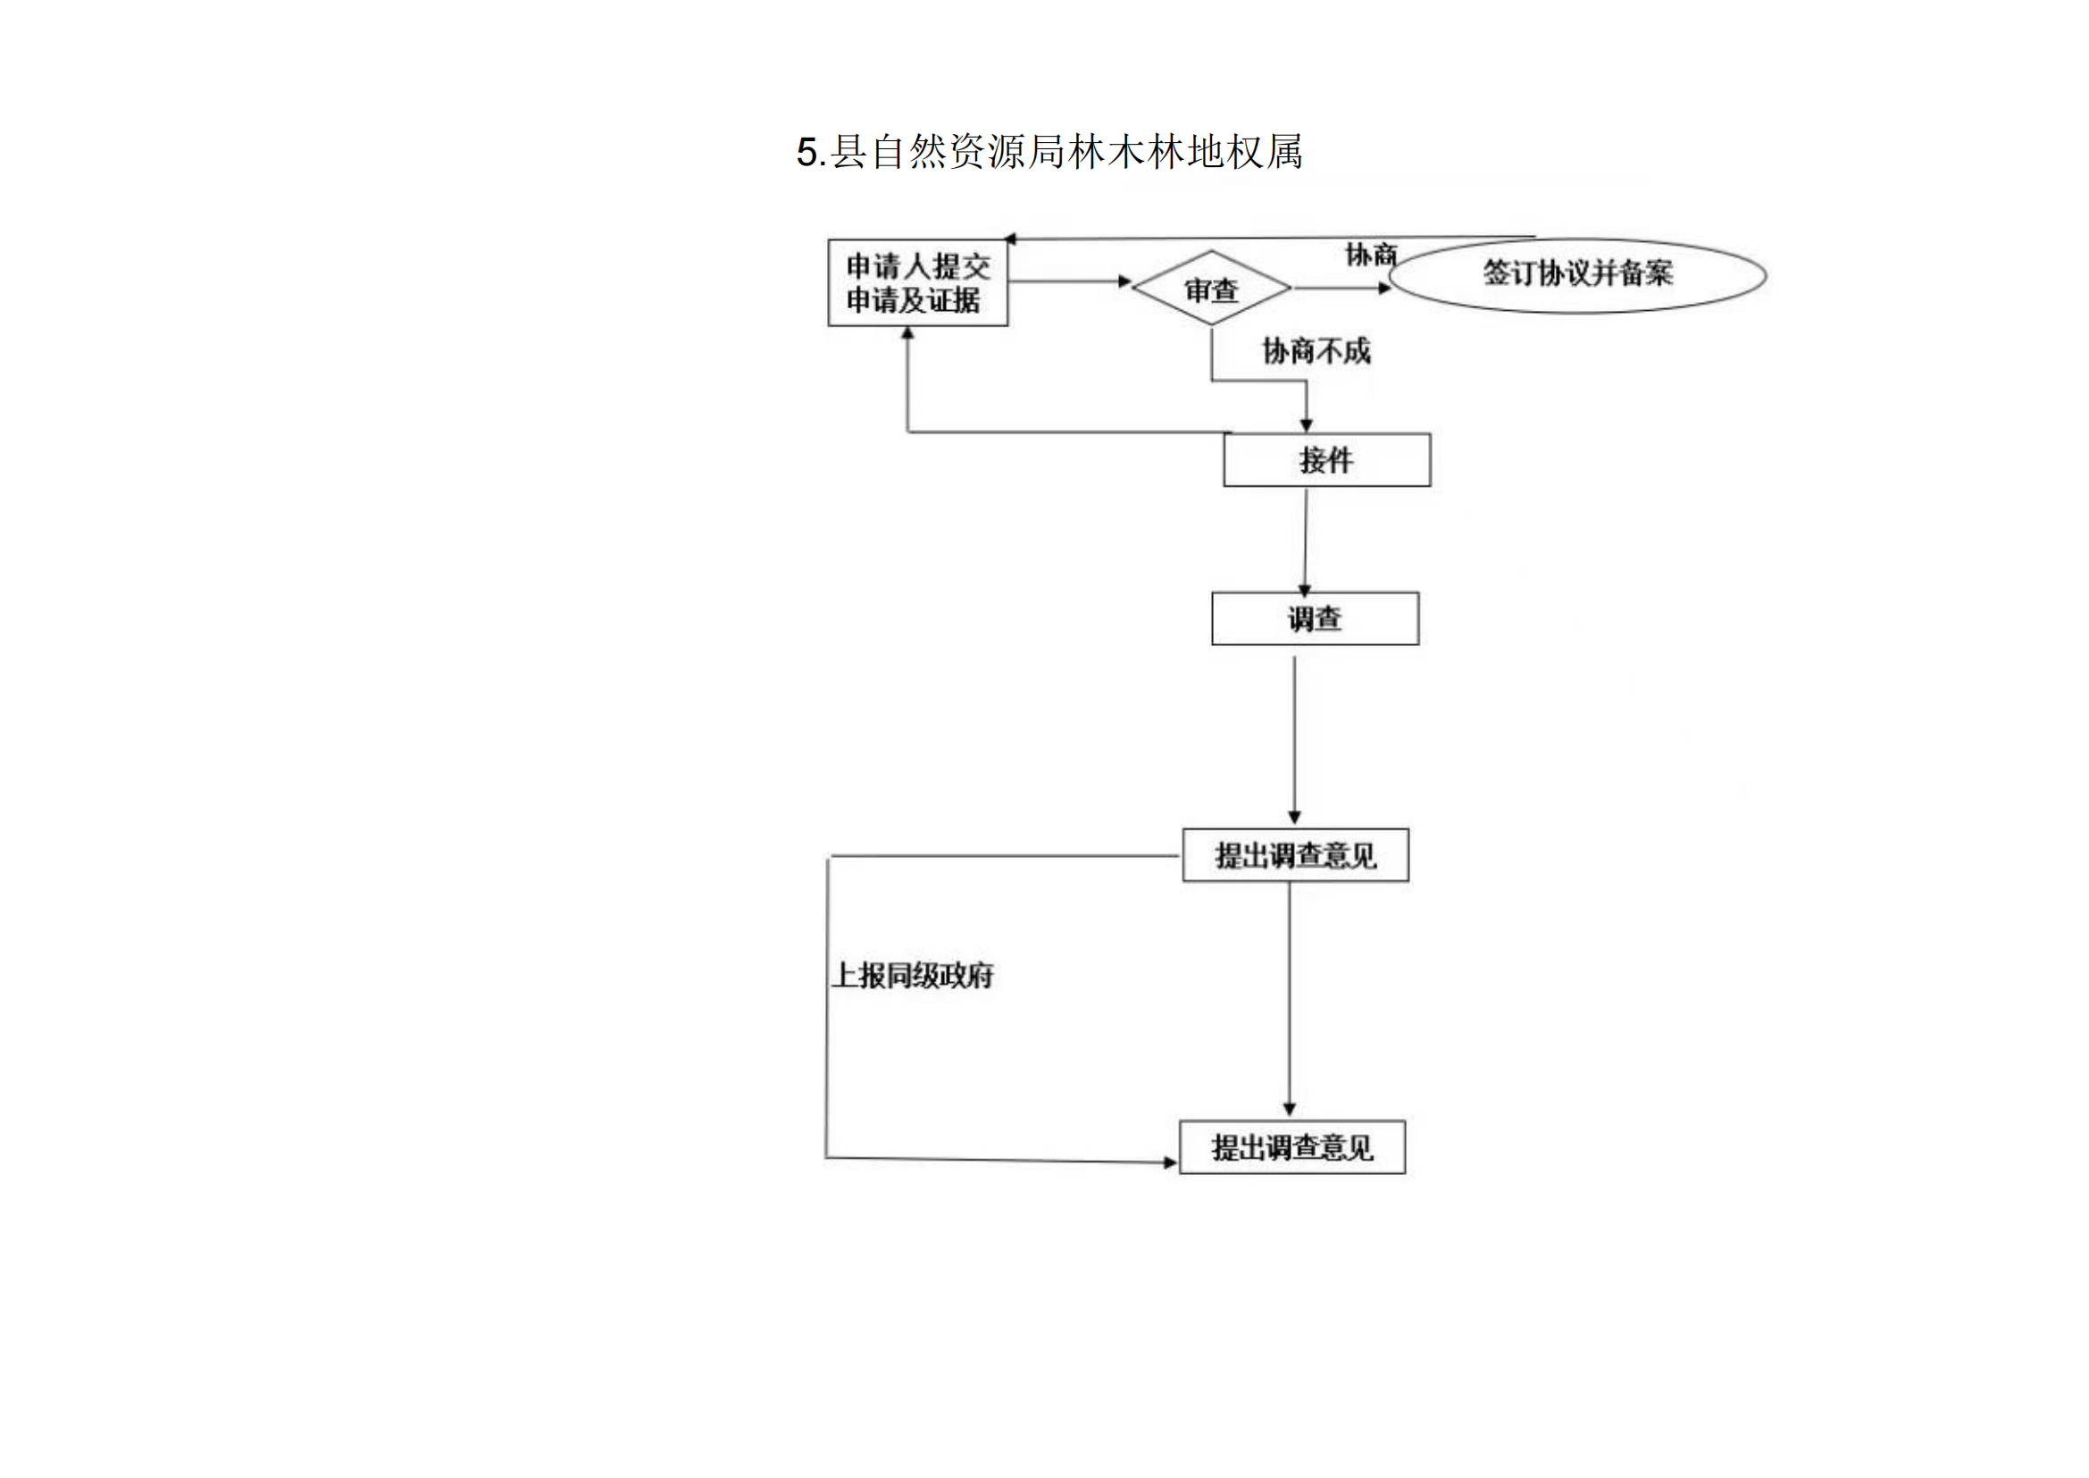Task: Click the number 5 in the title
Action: pyautogui.click(x=806, y=152)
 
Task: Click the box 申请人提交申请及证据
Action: pyautogui.click(x=917, y=283)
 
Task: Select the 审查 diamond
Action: pyautogui.click(x=1211, y=290)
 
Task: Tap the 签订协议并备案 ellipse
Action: pyautogui.click(x=1577, y=274)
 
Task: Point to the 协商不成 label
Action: pyautogui.click(x=1316, y=351)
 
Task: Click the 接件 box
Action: pyautogui.click(x=1326, y=460)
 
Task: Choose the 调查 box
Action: pyautogui.click(x=1315, y=619)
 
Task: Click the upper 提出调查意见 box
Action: pyautogui.click(x=1296, y=855)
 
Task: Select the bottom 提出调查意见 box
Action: pyautogui.click(x=1292, y=1147)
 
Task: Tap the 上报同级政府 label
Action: pyautogui.click(x=913, y=977)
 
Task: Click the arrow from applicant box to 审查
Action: pyautogui.click(x=1070, y=282)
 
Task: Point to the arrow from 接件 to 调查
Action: pyautogui.click(x=1306, y=541)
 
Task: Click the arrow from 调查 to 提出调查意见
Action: pyautogui.click(x=1295, y=737)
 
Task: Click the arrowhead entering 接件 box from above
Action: pyautogui.click(x=1307, y=425)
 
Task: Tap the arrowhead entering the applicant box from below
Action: pyautogui.click(x=907, y=334)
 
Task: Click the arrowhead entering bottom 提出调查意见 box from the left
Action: pyautogui.click(x=1170, y=1163)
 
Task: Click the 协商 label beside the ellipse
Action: pyautogui.click(x=1370, y=255)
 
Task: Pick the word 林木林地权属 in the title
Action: pyautogui.click(x=1184, y=152)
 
